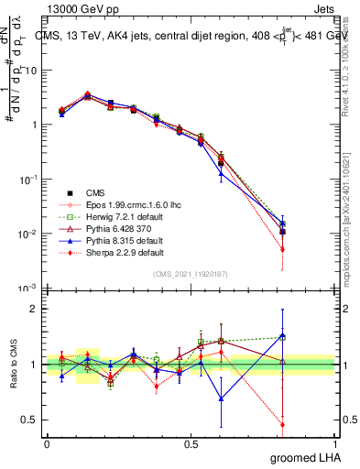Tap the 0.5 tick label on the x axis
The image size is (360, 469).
191,443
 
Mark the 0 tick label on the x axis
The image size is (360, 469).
47,443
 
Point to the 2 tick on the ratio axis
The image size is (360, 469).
34,309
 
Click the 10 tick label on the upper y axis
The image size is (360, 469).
31,70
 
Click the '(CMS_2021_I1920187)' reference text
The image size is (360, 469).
191,275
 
